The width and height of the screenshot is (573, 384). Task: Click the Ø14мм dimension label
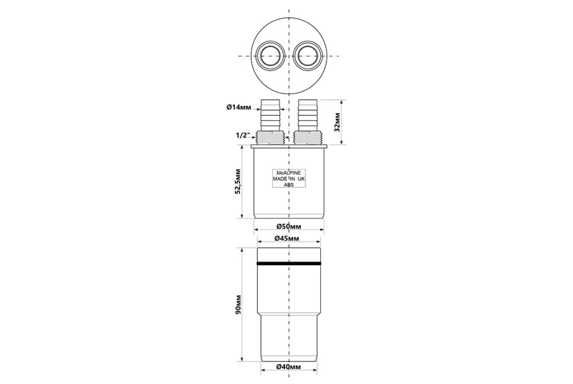click(x=238, y=107)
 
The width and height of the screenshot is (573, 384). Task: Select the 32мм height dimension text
click(x=337, y=123)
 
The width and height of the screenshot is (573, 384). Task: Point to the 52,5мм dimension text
click(x=238, y=182)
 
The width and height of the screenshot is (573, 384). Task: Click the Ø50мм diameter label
click(x=289, y=226)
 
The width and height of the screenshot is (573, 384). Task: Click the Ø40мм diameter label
click(x=289, y=366)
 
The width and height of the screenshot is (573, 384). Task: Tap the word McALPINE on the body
click(x=289, y=173)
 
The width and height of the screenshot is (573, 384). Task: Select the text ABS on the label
click(x=289, y=185)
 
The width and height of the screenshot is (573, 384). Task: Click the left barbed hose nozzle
click(x=270, y=115)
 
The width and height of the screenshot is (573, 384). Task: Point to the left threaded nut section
click(x=270, y=138)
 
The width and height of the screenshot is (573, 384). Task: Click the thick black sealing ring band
click(x=289, y=264)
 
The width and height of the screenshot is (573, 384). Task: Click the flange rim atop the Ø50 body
click(x=289, y=146)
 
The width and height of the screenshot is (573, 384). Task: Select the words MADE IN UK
click(x=289, y=179)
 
